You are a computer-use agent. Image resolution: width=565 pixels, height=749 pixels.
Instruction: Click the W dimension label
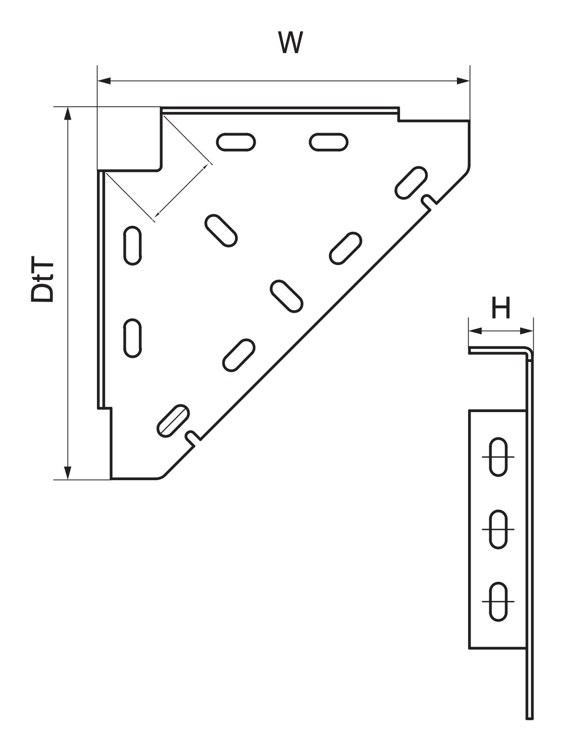click(x=290, y=42)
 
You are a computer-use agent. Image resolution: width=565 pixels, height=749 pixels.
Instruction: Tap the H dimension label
click(x=501, y=307)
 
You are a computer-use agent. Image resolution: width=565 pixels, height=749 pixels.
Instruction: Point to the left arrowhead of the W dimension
click(x=104, y=81)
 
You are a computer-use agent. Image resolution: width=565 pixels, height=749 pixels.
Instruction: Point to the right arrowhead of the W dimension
click(x=463, y=81)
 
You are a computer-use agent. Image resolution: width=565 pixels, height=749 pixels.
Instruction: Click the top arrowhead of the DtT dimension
click(x=68, y=113)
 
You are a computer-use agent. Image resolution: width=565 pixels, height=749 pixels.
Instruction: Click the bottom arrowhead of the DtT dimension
click(x=68, y=473)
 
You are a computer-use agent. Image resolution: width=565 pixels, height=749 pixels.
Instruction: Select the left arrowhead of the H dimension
click(x=475, y=331)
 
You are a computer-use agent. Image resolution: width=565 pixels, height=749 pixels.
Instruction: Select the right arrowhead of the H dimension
click(x=526, y=331)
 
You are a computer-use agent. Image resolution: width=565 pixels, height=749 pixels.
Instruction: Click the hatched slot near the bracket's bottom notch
click(x=173, y=420)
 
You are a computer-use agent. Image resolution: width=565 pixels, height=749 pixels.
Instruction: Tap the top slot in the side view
click(x=498, y=457)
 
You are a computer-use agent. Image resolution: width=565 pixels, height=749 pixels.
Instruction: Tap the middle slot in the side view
click(x=498, y=529)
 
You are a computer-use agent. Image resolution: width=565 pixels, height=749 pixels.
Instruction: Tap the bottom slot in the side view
click(x=498, y=602)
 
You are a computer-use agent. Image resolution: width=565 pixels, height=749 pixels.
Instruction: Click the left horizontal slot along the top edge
click(x=236, y=142)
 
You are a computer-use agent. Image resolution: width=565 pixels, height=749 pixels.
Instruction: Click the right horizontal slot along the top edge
click(x=329, y=142)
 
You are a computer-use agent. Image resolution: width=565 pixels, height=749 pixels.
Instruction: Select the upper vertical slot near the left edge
click(x=132, y=245)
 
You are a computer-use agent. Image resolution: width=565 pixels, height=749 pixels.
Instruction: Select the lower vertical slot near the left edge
click(x=132, y=338)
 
